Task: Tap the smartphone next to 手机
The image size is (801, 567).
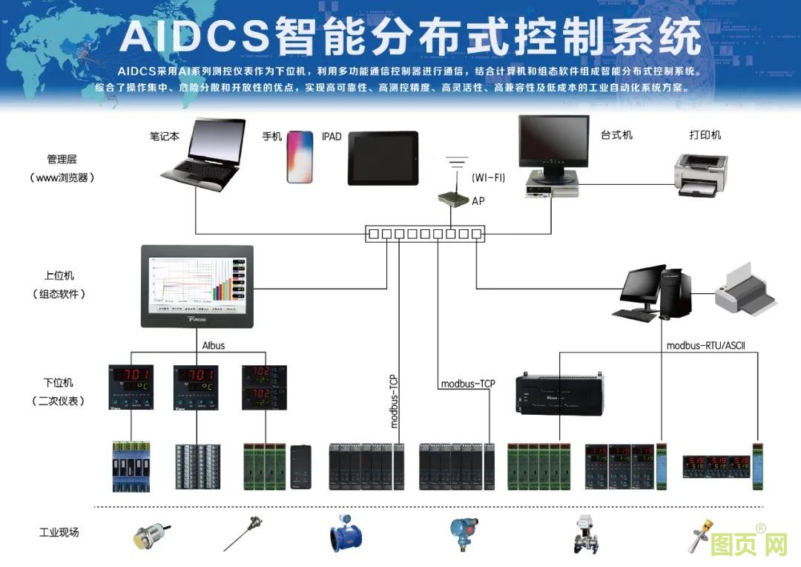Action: [300, 156]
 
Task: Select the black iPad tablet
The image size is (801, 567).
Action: [383, 157]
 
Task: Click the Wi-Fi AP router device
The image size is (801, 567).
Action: [452, 199]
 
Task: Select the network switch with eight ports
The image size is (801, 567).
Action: [425, 234]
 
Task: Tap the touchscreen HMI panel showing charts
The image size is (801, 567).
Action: [197, 286]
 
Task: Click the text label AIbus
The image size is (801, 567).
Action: [214, 345]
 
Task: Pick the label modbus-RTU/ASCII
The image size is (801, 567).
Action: [705, 345]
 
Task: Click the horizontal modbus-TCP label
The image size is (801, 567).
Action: [468, 384]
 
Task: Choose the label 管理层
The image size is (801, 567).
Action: [62, 159]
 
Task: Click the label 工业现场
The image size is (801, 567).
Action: [59, 532]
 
